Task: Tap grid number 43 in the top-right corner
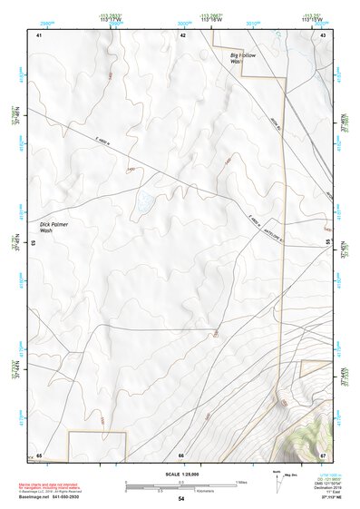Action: pyautogui.click(x=324, y=34)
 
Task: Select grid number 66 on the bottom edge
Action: pyautogui.click(x=181, y=454)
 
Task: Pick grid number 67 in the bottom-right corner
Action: pyautogui.click(x=323, y=454)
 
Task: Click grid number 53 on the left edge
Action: pyautogui.click(x=34, y=243)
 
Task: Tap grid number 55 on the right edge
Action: pyautogui.click(x=328, y=243)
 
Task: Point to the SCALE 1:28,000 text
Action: pyautogui.click(x=180, y=473)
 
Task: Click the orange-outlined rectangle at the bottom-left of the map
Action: pyautogui.click(x=97, y=445)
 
